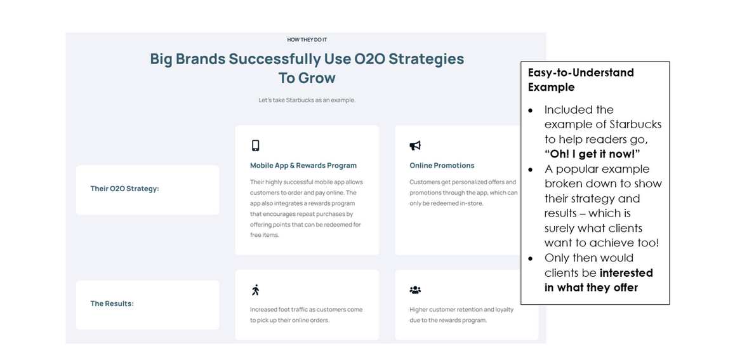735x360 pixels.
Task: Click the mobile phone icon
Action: coord(255,145)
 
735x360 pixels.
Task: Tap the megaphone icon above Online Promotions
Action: coord(415,146)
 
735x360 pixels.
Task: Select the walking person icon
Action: coord(255,290)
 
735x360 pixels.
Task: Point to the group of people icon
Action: coord(415,290)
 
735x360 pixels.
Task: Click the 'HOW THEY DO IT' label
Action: coord(307,40)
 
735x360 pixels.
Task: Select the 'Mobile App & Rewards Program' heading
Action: coord(303,166)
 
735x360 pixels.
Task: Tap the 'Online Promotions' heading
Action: coord(442,166)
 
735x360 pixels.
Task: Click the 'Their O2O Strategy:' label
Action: coord(124,189)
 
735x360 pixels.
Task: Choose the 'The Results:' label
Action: coord(112,303)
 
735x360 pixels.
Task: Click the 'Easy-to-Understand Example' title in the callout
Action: coord(581,80)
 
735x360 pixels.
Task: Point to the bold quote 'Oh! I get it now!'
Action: coord(592,154)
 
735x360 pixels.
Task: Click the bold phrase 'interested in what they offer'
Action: coord(599,280)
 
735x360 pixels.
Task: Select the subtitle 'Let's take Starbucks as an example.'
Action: coord(307,100)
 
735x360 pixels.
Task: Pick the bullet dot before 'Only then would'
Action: coord(531,259)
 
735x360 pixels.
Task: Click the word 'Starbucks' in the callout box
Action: coord(635,124)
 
